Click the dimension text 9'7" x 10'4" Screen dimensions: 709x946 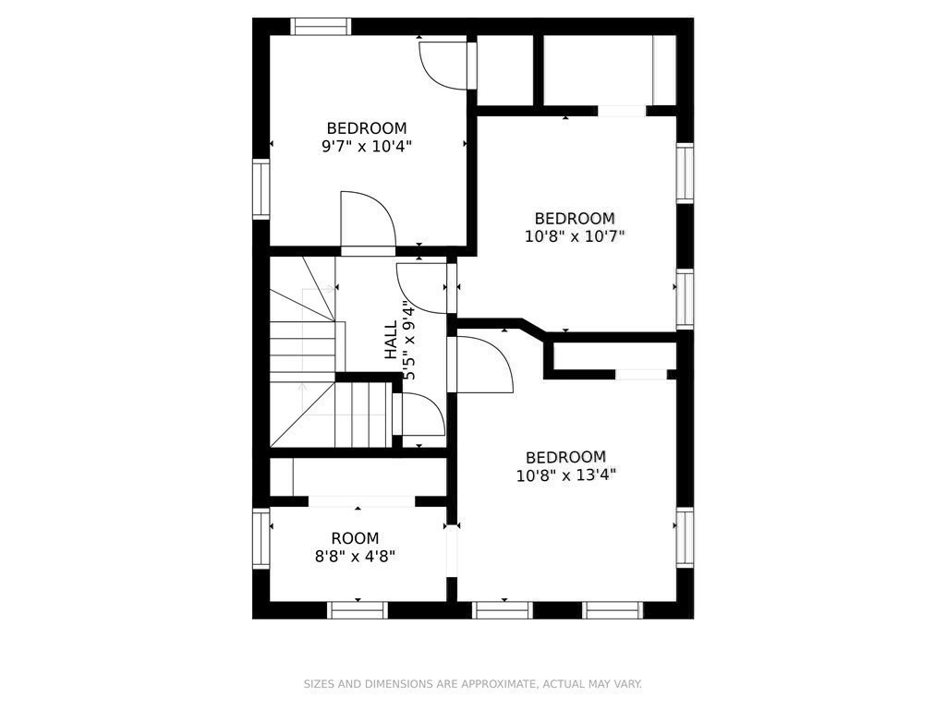tap(366, 146)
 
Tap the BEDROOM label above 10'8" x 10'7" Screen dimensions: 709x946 tap(574, 218)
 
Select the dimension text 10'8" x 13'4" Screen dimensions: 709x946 tap(565, 475)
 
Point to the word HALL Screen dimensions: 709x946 tap(392, 340)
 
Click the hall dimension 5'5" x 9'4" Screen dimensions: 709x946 tap(409, 343)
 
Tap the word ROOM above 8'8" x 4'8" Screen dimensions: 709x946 tap(355, 538)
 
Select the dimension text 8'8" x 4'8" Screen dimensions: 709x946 tap(355, 557)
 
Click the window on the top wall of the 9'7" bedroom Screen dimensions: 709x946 tap(321, 27)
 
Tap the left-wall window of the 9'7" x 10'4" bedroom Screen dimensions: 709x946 tap(261, 189)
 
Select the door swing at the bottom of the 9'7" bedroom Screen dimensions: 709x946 tap(367, 222)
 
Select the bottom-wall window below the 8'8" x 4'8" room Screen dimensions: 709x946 tap(358, 609)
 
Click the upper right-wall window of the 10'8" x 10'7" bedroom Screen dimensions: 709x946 tap(685, 173)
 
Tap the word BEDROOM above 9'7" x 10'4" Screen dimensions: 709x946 tap(366, 128)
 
